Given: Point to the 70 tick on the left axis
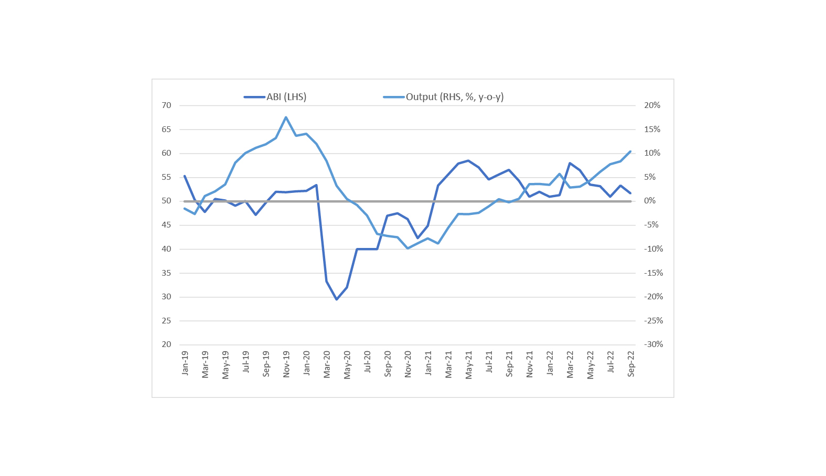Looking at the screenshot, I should tap(166, 105).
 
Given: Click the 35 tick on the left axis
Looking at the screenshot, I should tap(166, 273).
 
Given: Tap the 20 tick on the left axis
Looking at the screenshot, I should tap(166, 344).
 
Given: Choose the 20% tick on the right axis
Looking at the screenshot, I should tap(652, 105).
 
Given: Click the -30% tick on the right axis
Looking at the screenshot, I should tap(653, 344).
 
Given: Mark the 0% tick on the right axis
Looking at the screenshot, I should tap(650, 201).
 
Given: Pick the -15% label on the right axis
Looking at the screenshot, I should tap(653, 273).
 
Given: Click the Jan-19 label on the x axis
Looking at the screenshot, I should tap(185, 363).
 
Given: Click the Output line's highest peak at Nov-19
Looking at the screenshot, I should tap(286, 117).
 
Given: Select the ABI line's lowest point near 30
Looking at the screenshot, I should tap(337, 299).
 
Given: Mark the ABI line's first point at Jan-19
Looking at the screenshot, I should tap(185, 176).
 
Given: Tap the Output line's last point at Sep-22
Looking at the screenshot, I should tap(630, 151).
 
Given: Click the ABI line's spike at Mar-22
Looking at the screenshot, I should tap(570, 163).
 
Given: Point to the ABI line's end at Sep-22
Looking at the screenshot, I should tap(630, 193).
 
